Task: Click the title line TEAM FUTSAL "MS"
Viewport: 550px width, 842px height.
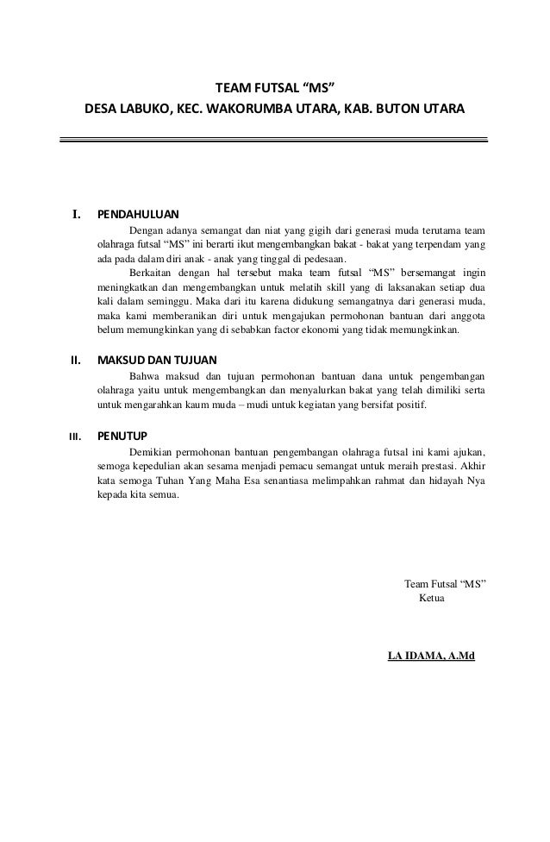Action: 274,89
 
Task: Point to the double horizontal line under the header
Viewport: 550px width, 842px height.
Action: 274,138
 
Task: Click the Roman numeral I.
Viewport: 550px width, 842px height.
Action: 76,215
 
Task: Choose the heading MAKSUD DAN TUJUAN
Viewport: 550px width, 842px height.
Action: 157,360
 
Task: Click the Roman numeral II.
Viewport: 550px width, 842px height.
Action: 75,360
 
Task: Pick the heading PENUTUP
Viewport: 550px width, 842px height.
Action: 121,435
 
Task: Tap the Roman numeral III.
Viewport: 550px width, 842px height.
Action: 75,436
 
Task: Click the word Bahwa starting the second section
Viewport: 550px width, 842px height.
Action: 146,376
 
